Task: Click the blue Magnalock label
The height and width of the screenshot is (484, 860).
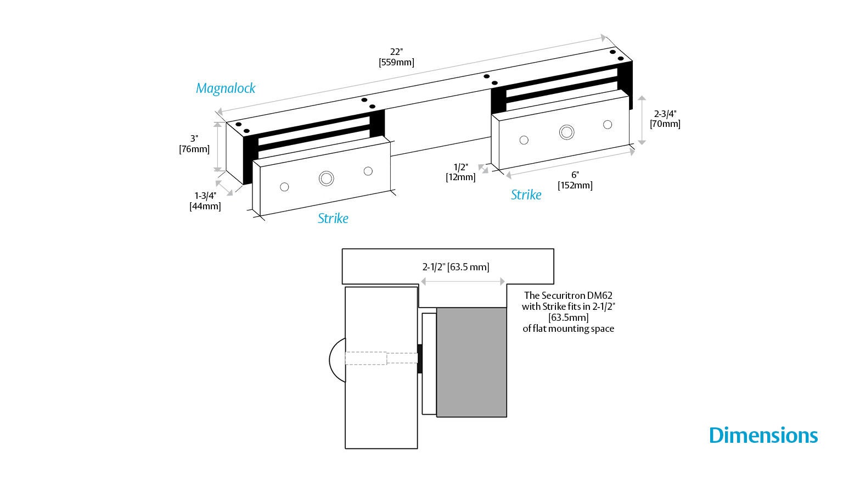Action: (x=226, y=88)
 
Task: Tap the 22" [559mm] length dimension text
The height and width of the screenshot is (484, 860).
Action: (x=396, y=57)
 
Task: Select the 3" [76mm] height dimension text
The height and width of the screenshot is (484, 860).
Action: (x=194, y=144)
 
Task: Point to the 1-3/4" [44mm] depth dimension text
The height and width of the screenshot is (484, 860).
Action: (x=205, y=201)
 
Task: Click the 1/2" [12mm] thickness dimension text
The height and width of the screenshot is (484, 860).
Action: (x=460, y=172)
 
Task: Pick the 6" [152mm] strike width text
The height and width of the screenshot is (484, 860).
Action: (x=575, y=180)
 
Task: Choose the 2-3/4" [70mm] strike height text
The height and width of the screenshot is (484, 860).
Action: (x=665, y=119)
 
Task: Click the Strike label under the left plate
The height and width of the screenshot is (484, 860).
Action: (x=333, y=218)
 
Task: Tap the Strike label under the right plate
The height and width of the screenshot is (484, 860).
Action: (x=526, y=195)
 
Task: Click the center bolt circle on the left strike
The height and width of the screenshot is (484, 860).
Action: (x=327, y=179)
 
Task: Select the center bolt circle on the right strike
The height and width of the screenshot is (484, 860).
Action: (x=567, y=132)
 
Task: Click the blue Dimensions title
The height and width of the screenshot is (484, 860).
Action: (x=763, y=436)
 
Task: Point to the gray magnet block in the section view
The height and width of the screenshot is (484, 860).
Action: (x=471, y=362)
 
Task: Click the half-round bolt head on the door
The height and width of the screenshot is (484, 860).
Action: (x=337, y=360)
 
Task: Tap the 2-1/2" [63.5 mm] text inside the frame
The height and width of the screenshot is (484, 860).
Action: (x=456, y=267)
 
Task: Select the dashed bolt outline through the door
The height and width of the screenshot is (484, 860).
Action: (x=381, y=358)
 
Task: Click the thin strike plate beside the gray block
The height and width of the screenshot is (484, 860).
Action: (x=429, y=364)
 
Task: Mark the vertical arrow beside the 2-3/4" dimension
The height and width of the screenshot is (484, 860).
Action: (x=642, y=120)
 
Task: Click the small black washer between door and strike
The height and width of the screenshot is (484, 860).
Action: (x=420, y=359)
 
